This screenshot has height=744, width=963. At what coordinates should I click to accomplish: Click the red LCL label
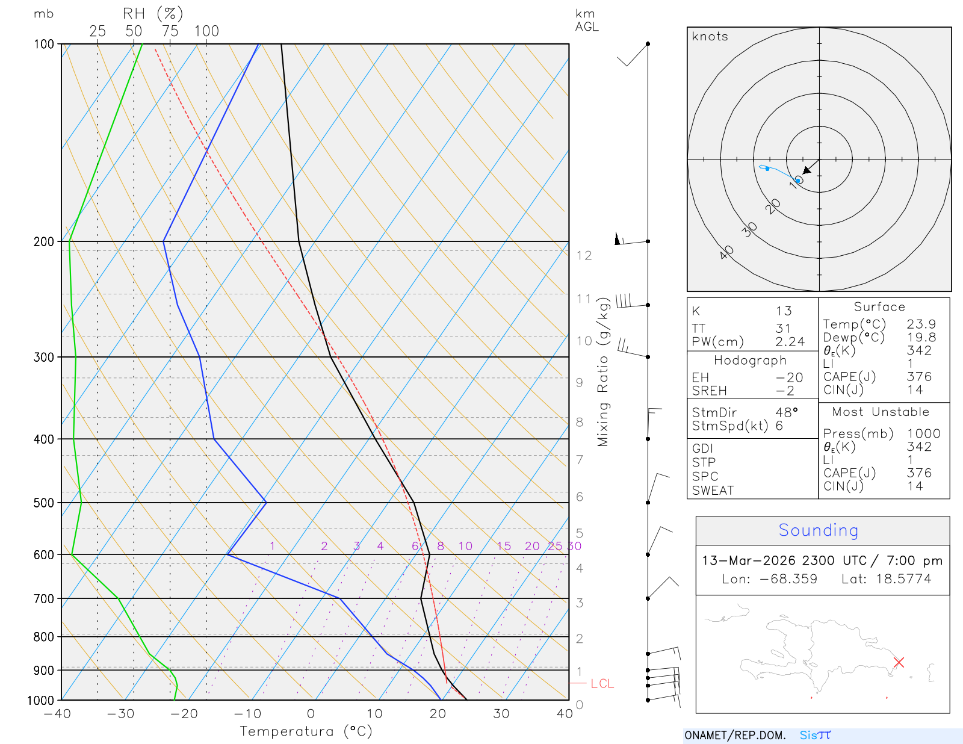point(602,684)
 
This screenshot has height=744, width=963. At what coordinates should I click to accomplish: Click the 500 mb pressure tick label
point(44,503)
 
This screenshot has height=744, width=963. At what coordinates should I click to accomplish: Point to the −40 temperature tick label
point(57,714)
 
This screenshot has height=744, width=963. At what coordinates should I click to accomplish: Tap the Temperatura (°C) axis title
point(306,731)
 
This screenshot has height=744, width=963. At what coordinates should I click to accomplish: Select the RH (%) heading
point(153,14)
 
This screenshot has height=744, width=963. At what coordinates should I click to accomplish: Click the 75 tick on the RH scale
point(170,31)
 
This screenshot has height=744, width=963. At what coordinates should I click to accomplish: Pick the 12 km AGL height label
point(584,256)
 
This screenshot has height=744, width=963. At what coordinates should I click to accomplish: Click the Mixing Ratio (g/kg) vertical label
point(603,372)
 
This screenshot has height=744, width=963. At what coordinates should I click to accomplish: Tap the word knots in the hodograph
point(710,37)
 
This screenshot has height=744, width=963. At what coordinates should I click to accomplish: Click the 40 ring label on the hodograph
point(726,252)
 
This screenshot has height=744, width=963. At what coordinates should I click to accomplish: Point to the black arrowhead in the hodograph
point(807,170)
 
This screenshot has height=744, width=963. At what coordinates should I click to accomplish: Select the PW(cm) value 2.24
point(790,342)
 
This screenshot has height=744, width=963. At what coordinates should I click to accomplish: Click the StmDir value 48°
point(787,413)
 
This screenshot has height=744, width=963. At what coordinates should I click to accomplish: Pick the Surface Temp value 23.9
point(921,324)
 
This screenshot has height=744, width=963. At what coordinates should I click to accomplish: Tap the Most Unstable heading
point(881,412)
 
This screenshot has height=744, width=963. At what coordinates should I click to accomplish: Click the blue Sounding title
point(818,530)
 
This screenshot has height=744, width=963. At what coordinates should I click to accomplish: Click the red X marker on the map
point(899,662)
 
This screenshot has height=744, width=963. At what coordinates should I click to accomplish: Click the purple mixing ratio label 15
point(504,546)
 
